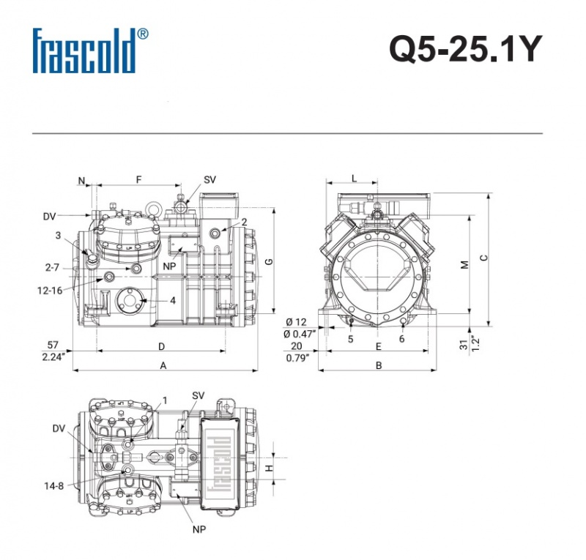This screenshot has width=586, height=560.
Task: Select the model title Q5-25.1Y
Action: (x=465, y=51)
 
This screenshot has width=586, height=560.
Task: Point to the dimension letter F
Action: (x=138, y=180)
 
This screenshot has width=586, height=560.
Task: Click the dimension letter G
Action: (x=269, y=261)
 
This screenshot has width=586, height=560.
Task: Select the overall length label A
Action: (x=164, y=365)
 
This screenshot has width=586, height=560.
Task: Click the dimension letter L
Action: (x=355, y=178)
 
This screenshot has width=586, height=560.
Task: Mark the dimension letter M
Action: (x=464, y=264)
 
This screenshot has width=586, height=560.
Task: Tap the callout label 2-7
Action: (x=52, y=269)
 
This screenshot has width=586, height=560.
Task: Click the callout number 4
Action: (x=173, y=301)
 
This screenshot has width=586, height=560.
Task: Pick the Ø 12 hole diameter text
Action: (x=296, y=322)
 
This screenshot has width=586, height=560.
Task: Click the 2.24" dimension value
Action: (x=53, y=356)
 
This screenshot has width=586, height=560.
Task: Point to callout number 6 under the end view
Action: (x=401, y=339)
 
